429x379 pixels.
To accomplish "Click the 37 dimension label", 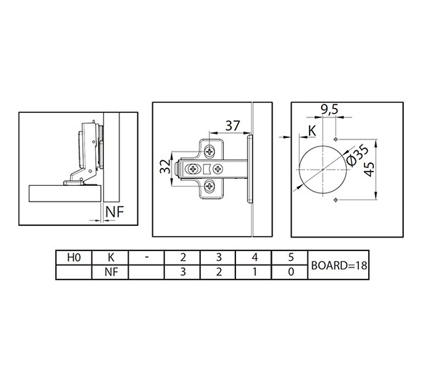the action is (x=232, y=126).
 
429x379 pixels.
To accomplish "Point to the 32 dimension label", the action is (x=165, y=167).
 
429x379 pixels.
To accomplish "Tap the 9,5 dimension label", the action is (x=330, y=109).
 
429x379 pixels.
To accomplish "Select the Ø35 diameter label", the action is (x=357, y=155).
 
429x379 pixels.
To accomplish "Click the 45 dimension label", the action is (x=369, y=169).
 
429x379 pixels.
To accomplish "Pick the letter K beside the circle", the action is (x=312, y=131).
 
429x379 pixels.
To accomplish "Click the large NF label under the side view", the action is (x=114, y=212).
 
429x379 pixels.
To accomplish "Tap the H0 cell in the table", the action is (x=74, y=257).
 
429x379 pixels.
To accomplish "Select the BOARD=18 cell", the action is (x=339, y=265).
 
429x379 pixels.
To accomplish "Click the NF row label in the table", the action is (x=111, y=272).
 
